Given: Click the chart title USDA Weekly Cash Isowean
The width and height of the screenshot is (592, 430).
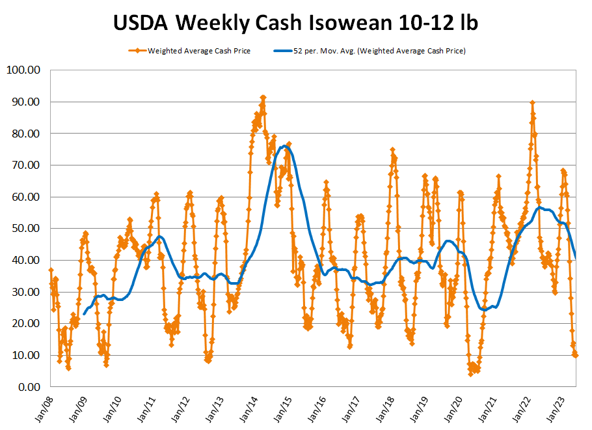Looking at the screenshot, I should (295, 23).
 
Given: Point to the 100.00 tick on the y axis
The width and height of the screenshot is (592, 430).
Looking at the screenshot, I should (23, 70).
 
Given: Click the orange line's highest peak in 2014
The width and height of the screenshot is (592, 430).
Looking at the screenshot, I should (263, 97).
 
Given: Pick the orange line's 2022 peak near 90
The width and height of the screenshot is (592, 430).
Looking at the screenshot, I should (533, 102).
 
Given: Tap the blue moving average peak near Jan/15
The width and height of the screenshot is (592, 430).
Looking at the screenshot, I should (284, 147).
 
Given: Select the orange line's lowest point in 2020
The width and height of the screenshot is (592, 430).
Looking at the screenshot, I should (470, 373).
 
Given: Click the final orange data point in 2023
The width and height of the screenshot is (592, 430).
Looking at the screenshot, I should (575, 355).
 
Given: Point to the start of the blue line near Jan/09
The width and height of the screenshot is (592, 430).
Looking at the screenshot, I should (84, 314).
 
